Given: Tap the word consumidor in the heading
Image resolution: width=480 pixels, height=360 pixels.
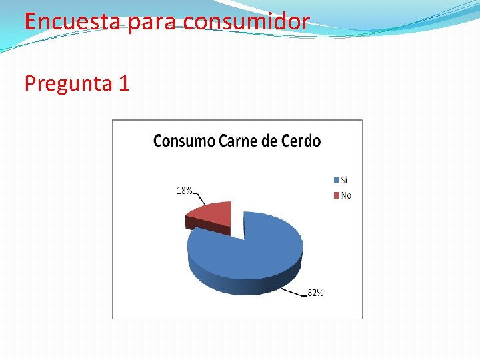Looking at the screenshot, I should pos(247,21).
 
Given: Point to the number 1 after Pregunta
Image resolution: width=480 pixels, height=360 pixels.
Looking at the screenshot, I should pos(123,83).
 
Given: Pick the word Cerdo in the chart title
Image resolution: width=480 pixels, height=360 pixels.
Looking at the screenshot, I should pos(301,141).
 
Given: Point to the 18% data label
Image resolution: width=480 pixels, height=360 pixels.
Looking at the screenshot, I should pos(184,191).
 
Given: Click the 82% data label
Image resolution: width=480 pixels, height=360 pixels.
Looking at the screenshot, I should pos(315,293).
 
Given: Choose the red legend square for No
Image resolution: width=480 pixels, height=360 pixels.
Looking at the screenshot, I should pos(335,195).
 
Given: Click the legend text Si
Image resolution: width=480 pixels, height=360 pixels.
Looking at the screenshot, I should pos(344,180).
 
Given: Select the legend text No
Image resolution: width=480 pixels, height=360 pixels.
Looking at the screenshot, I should pos(346,195).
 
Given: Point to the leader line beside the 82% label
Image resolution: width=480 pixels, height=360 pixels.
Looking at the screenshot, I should pos(293,289).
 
